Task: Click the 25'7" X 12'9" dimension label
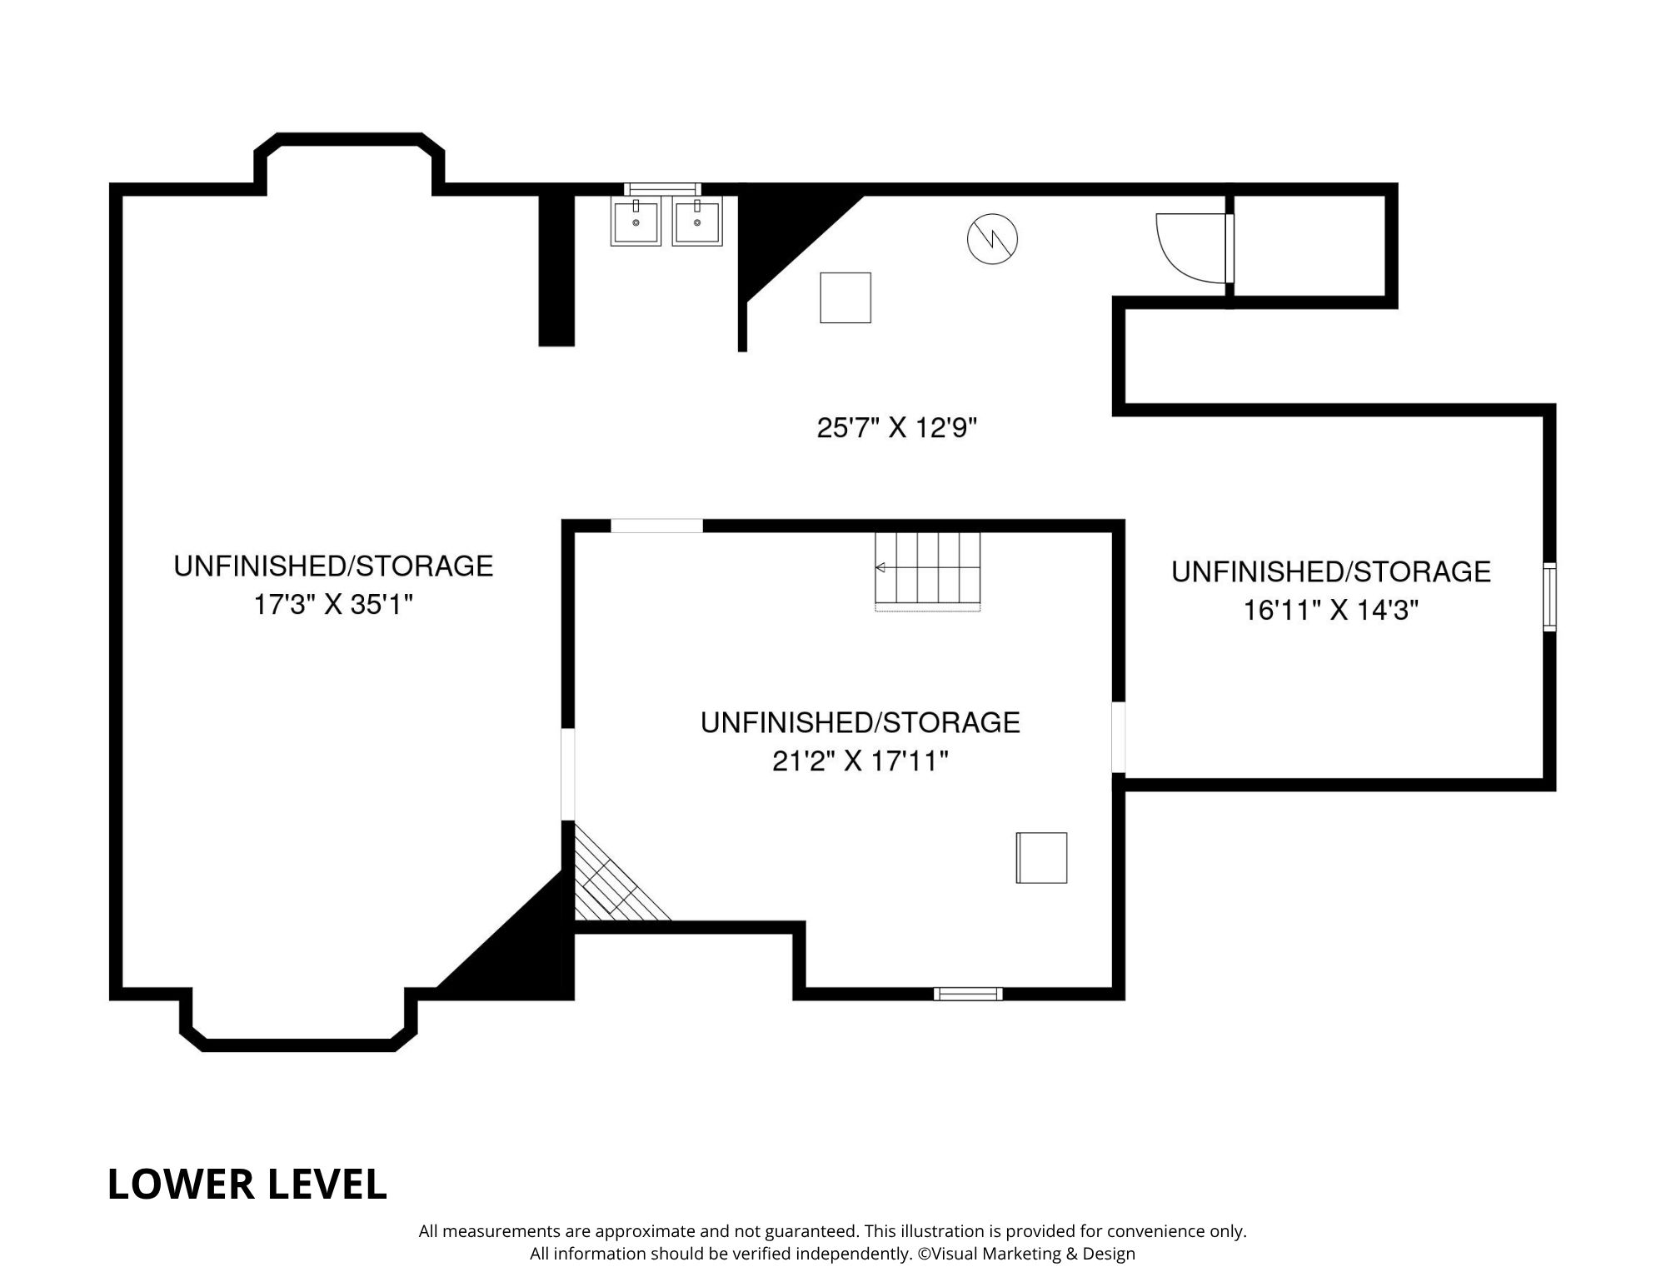click(896, 428)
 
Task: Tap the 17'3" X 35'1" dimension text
click(333, 605)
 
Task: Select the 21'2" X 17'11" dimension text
click(860, 761)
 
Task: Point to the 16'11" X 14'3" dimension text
click(1330, 611)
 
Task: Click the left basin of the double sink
click(636, 222)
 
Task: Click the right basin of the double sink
click(696, 222)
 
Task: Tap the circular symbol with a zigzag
click(992, 240)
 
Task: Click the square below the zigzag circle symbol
click(845, 297)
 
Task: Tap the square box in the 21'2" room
click(1041, 857)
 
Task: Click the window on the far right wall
click(1549, 596)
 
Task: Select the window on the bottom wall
click(967, 993)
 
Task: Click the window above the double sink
click(662, 189)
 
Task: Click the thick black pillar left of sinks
click(556, 268)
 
